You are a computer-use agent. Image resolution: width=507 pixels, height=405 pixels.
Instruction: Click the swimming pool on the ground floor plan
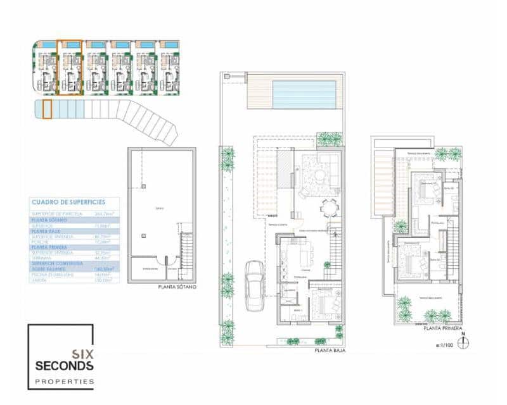pyautogui.click(x=304, y=94)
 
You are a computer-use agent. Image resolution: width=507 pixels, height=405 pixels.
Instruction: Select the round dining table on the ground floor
pyautogui.click(x=328, y=208)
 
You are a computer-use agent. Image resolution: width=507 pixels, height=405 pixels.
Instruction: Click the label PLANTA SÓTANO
pyautogui.click(x=177, y=287)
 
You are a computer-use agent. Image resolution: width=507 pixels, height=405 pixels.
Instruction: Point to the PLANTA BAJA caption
pyautogui.click(x=330, y=350)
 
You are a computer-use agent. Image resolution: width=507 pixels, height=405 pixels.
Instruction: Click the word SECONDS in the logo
pyautogui.click(x=64, y=366)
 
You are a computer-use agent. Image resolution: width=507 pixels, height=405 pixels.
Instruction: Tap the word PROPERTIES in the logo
pyautogui.click(x=64, y=381)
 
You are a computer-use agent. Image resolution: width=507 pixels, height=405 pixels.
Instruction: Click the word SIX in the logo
pyautogui.click(x=83, y=354)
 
